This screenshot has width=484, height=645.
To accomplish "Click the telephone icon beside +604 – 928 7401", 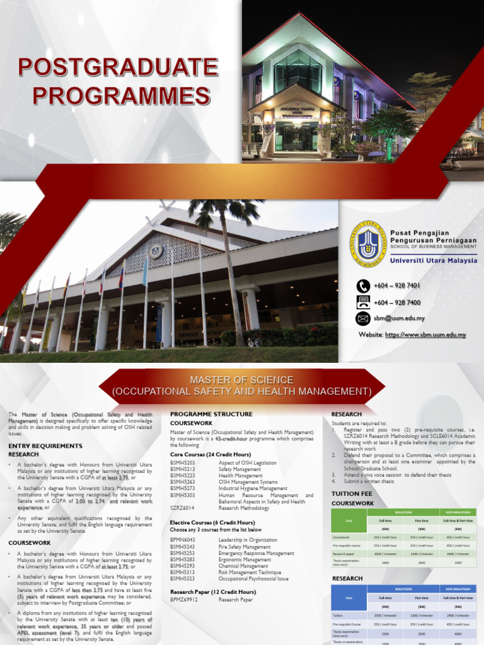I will (x=363, y=286).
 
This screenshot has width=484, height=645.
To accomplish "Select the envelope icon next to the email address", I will (x=363, y=318).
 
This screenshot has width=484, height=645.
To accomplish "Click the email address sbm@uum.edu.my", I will (x=399, y=318).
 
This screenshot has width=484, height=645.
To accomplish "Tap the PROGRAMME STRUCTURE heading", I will (x=211, y=414).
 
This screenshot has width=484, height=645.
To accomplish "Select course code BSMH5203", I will (x=182, y=463).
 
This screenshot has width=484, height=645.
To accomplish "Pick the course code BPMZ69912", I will (x=183, y=600).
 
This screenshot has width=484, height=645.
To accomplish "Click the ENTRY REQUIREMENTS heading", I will (x=45, y=445).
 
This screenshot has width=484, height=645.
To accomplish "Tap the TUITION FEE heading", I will (x=352, y=494).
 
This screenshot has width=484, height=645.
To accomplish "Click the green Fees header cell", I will (x=349, y=521).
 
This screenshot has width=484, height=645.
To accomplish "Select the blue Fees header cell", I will (x=349, y=597).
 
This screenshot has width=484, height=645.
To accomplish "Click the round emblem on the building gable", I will (x=155, y=251).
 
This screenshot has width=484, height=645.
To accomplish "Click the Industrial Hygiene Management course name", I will (x=253, y=488).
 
